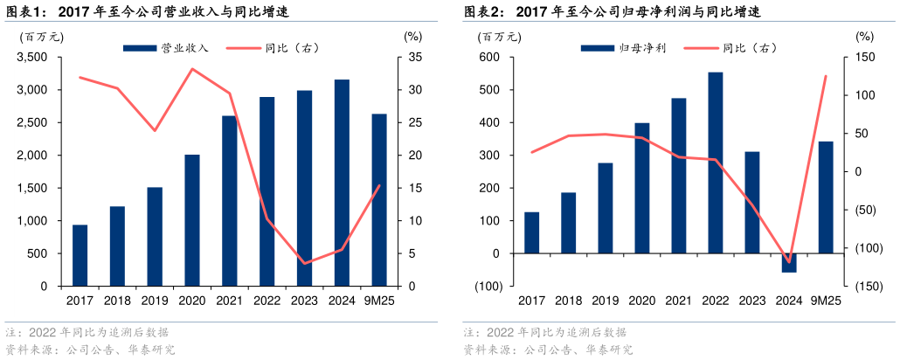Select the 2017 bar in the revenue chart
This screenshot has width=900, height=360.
click(80, 255)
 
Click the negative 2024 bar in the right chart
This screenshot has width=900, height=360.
click(789, 263)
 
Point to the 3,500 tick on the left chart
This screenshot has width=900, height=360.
click(32, 58)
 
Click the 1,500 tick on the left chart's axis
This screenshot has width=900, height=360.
click(32, 189)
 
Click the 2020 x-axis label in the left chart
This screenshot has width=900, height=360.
click(191, 301)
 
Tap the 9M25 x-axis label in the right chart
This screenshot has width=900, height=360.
click(825, 301)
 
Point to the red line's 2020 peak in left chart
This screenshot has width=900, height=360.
click(192, 68)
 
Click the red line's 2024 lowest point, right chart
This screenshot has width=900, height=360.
click(789, 262)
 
